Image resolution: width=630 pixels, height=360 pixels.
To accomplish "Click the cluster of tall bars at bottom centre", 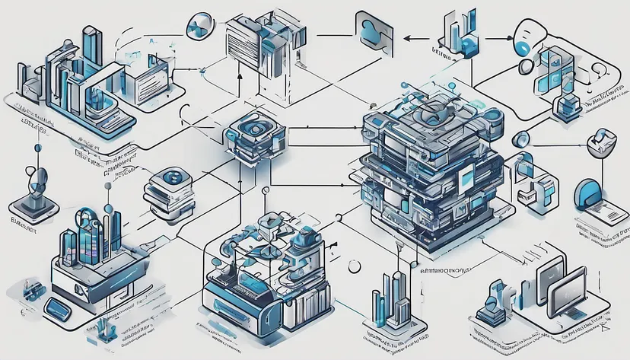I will click(x=393, y=297).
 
